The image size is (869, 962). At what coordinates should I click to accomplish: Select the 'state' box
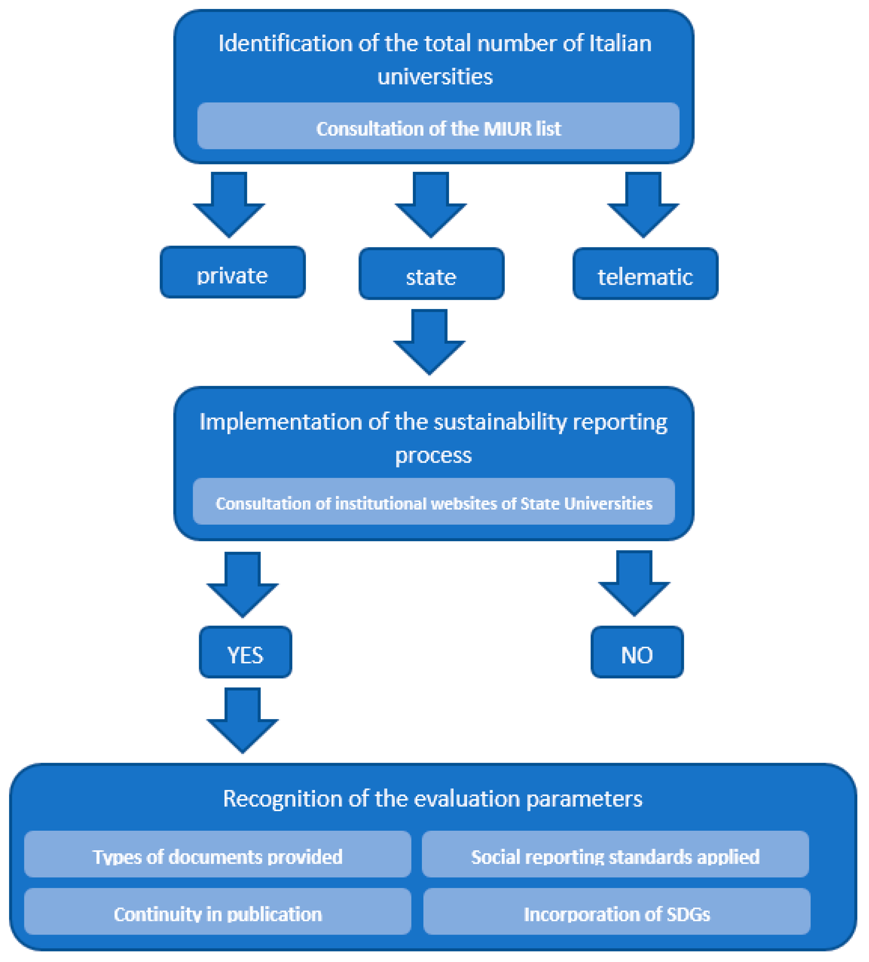click(431, 274)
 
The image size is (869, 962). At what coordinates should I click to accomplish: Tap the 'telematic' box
click(645, 274)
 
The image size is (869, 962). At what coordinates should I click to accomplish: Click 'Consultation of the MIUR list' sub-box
click(438, 126)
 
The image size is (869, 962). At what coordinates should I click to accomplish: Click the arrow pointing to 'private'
click(229, 205)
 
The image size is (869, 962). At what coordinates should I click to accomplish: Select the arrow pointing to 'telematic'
click(643, 205)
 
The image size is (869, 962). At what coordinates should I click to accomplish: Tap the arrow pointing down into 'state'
click(431, 205)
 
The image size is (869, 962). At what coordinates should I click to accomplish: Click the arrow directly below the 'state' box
click(429, 343)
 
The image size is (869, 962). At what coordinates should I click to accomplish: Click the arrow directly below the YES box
click(243, 721)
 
